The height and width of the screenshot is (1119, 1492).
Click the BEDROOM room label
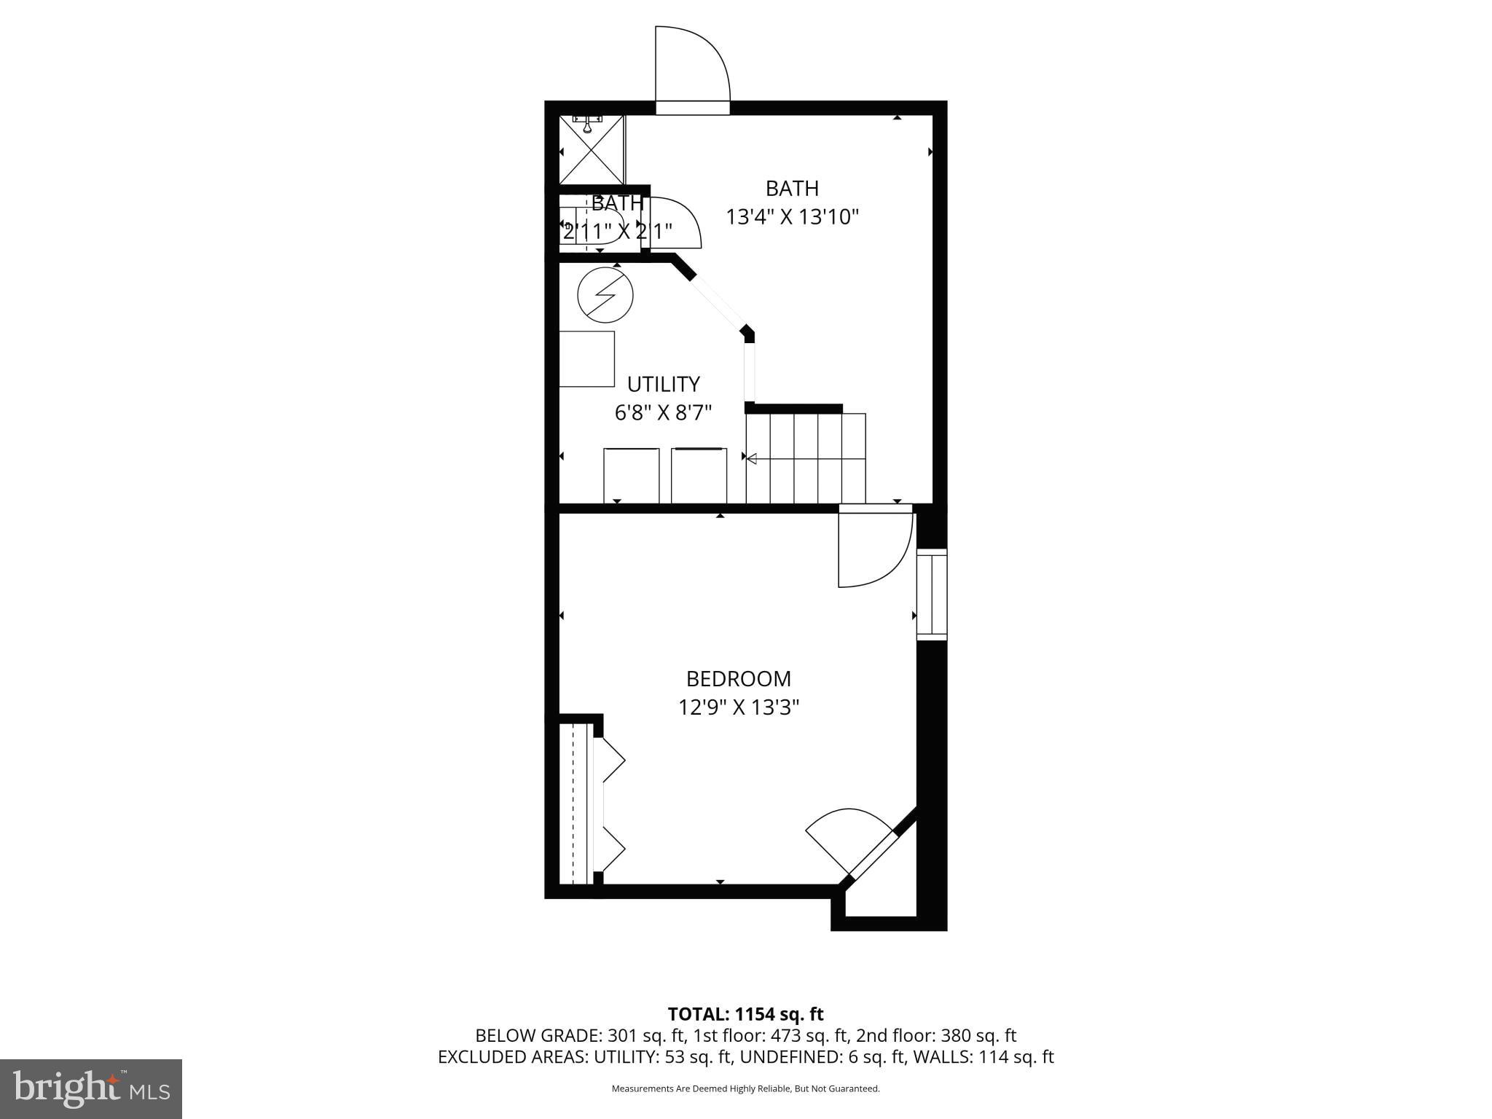coord(738,678)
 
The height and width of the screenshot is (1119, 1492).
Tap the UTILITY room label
coord(663,384)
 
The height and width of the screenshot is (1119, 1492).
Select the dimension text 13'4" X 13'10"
coord(792,217)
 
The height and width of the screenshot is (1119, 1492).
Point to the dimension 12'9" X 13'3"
coord(738,707)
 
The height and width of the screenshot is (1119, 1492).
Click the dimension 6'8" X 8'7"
coord(663,413)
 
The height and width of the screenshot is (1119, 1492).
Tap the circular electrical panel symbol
coord(605,295)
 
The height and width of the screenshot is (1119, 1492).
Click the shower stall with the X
coord(592,150)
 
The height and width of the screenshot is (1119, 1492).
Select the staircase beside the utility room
coord(805,458)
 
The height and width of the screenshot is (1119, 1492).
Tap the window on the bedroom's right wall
coord(931,594)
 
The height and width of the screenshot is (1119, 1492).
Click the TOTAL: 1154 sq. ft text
coord(745,1014)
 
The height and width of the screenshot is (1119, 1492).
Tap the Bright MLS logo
coord(91,1088)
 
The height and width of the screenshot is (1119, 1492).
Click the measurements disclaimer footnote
coord(745,1089)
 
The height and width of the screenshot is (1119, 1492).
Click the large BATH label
coord(792,188)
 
